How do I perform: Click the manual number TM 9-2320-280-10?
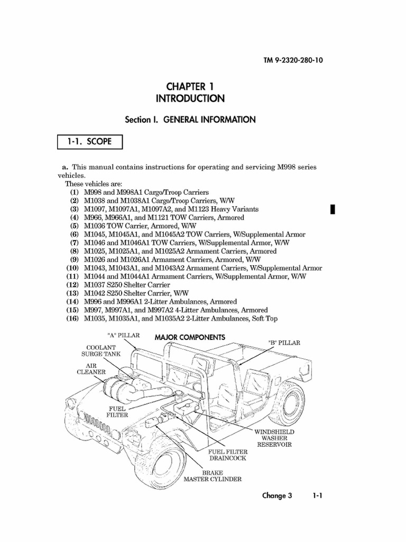click(293, 60)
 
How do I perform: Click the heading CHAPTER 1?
click(190, 86)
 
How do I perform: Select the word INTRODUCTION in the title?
click(190, 98)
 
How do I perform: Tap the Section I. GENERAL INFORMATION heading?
click(190, 120)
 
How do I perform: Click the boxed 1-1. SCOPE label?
click(90, 143)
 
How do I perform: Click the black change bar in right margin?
click(333, 209)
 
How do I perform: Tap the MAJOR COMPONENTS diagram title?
click(190, 337)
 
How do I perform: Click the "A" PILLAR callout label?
click(124, 336)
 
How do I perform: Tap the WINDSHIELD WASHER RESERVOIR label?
click(274, 438)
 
